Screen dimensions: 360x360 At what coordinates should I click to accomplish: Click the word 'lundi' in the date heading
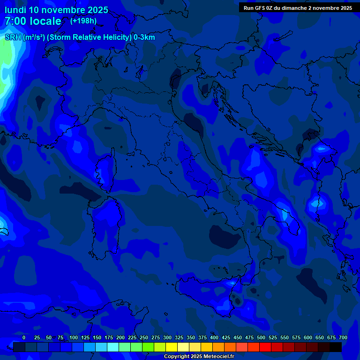pyautogui.click(x=15, y=10)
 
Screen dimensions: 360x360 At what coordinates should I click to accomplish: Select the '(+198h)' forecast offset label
pyautogui.click(x=83, y=21)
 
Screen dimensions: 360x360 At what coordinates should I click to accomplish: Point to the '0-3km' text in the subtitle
pyautogui.click(x=144, y=37)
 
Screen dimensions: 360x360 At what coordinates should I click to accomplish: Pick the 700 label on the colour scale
pyautogui.click(x=343, y=337)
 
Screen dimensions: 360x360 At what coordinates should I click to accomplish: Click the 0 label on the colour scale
pyautogui.click(x=24, y=337)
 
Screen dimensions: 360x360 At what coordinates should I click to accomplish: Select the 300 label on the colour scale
pyautogui.click(x=167, y=337)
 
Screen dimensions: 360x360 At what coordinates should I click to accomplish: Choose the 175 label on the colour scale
pyautogui.click(x=109, y=337)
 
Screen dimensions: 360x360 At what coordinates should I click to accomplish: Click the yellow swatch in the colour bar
pyautogui.click(x=171, y=347)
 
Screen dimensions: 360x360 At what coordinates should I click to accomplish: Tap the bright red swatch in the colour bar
pyautogui.click(x=265, y=347)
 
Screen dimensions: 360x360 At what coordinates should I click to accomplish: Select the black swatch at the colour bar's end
pyautogui.click(x=335, y=347)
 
